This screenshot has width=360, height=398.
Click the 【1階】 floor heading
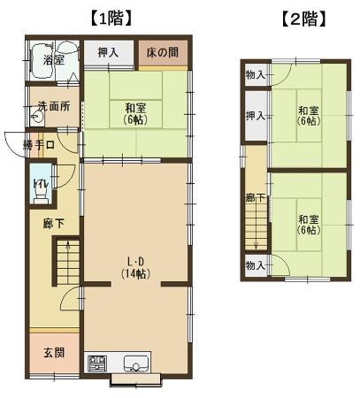click(110, 19)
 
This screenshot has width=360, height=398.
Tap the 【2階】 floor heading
click(304, 19)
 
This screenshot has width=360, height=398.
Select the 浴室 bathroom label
click(53, 60)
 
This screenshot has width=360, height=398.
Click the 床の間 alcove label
click(163, 52)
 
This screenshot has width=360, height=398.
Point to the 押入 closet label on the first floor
click(108, 53)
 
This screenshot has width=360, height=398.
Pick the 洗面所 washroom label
click(54, 106)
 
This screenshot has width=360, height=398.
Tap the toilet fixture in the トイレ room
click(41, 195)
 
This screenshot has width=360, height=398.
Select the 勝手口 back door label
click(39, 145)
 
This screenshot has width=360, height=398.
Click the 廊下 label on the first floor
click(53, 224)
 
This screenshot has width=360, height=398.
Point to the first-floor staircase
click(68, 262)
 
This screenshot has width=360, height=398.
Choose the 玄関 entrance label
click(54, 353)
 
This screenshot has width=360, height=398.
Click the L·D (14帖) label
click(136, 268)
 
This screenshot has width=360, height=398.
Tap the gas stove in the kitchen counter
click(96, 364)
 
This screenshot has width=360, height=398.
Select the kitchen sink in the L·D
click(135, 364)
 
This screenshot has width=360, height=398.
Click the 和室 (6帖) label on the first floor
click(136, 114)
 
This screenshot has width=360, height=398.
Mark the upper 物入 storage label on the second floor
click(256, 75)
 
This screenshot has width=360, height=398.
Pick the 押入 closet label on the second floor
click(256, 116)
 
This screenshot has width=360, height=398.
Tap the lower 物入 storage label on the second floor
click(256, 265)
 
